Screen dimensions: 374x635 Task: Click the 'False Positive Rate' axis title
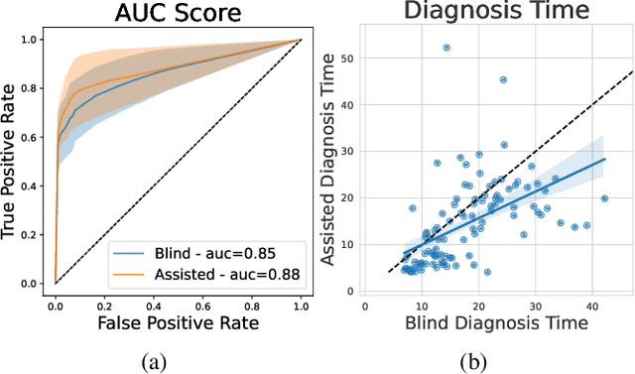click(178, 321)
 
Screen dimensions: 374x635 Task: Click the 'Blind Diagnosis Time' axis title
click(497, 321)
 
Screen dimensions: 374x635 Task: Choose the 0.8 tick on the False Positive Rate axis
click(252, 301)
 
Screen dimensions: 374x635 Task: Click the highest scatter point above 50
click(446, 47)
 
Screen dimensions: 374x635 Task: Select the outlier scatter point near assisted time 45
click(503, 79)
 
